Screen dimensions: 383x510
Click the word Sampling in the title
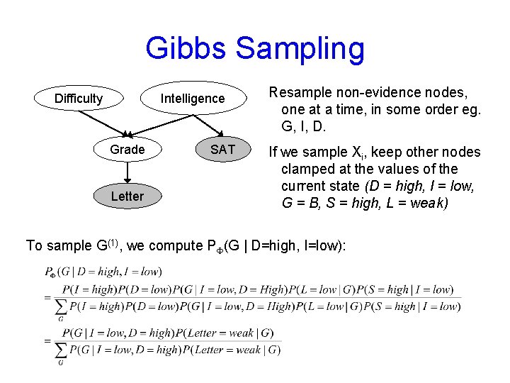coord(300,49)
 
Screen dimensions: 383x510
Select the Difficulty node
coord(79,99)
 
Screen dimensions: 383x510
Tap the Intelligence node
coord(192,99)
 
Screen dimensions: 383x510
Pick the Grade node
coord(127,150)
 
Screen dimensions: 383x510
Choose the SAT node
coord(222,150)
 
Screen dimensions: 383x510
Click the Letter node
coord(127,196)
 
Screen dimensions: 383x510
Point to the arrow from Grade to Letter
coord(127,172)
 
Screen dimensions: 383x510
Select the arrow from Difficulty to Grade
coord(106,122)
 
